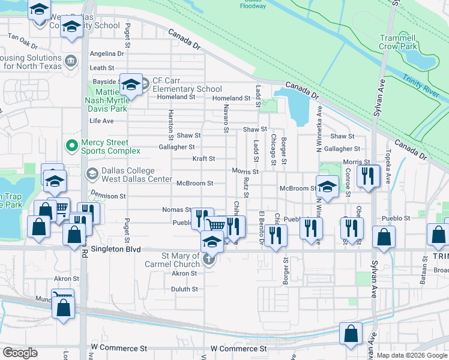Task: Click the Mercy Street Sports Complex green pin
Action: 71,146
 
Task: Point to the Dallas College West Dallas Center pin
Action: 92,175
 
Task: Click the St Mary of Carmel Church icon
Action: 208,260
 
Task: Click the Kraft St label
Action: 203,159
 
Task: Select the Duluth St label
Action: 185,289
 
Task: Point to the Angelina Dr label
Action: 106,53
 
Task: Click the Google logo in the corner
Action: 20,353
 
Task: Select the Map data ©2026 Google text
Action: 412,355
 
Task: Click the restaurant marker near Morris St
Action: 367,175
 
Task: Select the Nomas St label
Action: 176,209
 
